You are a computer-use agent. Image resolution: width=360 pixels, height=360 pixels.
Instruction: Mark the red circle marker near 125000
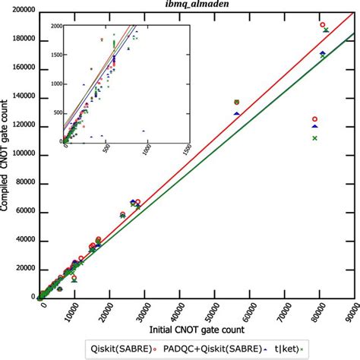click(x=315, y=119)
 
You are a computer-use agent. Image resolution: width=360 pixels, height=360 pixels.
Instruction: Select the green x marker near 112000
click(x=315, y=137)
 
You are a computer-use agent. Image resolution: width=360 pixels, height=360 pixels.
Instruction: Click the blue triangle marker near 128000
click(x=237, y=113)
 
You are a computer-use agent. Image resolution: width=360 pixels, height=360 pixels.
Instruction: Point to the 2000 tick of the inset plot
click(x=55, y=27)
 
